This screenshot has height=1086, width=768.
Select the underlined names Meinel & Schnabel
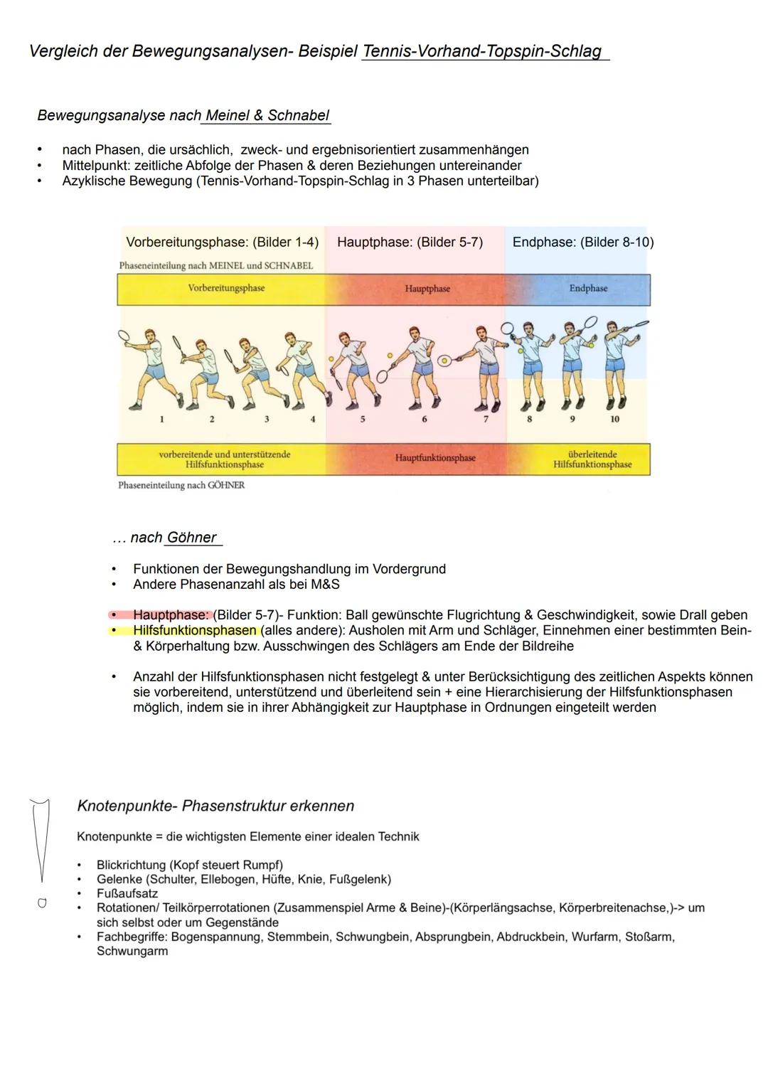(267, 115)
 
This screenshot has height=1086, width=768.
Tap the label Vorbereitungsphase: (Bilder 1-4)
(222, 243)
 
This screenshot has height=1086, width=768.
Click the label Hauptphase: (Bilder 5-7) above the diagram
(410, 243)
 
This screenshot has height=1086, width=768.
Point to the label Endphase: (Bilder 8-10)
(582, 243)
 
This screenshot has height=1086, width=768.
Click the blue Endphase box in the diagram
(588, 289)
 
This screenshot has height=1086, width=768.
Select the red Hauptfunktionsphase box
(434, 458)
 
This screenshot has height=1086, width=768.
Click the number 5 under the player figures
(362, 420)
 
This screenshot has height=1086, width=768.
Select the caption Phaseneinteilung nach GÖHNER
(181, 486)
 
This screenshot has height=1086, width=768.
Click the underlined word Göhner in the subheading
(192, 538)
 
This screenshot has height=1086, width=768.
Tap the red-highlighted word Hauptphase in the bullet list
(171, 615)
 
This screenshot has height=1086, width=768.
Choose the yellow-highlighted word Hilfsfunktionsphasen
(194, 631)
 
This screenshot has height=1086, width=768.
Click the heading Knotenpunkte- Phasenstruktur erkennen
(215, 806)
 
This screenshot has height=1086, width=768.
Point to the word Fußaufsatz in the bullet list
(127, 894)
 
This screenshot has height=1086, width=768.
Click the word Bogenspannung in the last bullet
(215, 937)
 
